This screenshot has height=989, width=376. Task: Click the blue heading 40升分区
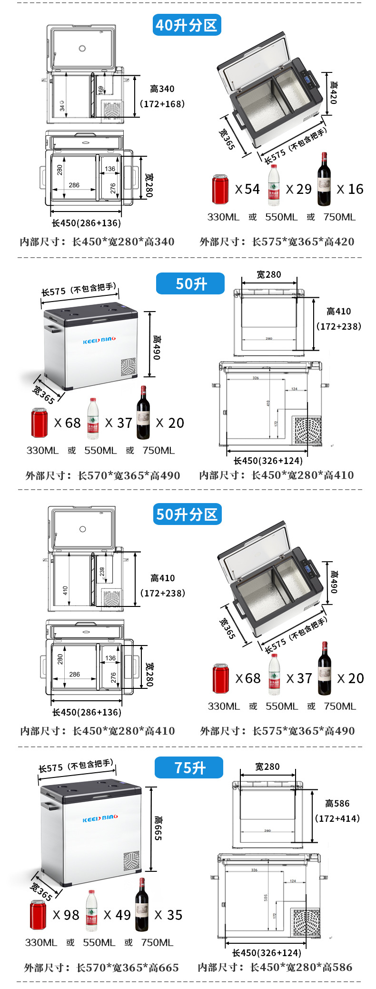[187, 25]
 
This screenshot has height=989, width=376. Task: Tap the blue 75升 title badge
[189, 767]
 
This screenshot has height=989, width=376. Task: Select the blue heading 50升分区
[187, 514]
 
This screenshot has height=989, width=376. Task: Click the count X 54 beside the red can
[247, 189]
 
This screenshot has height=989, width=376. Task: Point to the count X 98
[66, 915]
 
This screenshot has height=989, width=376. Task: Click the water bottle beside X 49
[91, 910]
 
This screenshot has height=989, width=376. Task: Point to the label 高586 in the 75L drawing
[337, 803]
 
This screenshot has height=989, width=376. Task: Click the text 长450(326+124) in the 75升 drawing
[267, 952]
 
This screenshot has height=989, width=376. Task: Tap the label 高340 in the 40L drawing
[162, 89]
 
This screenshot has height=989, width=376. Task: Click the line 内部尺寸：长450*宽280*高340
[97, 242]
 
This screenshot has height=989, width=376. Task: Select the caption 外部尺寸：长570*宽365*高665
[101, 968]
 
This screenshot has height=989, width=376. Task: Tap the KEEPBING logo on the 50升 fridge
[99, 341]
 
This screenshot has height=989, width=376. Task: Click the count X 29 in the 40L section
[298, 189]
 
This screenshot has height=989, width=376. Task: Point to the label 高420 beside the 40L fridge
[333, 92]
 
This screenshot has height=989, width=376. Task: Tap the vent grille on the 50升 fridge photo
[128, 367]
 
